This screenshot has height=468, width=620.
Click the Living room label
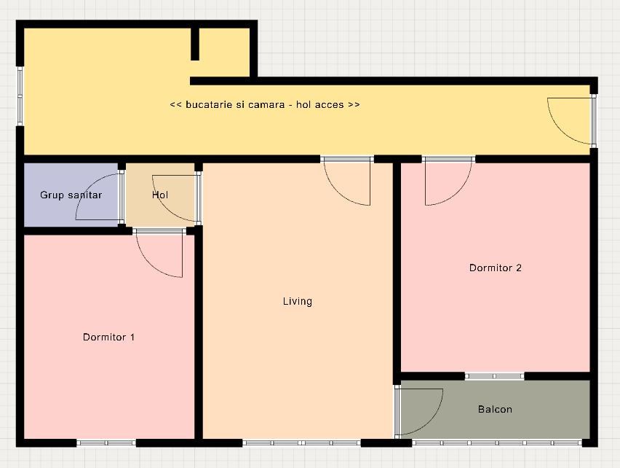(298, 301)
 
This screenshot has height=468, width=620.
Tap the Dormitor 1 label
(108, 337)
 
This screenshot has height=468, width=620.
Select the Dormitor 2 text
(496, 268)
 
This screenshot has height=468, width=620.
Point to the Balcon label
(495, 409)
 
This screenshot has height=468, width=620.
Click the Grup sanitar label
(71, 195)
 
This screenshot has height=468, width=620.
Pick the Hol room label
(160, 195)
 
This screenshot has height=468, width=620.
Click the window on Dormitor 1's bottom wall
(106, 443)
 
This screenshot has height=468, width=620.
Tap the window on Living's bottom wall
(302, 443)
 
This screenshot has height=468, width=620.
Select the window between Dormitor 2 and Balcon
(494, 376)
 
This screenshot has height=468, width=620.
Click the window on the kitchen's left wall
(20, 96)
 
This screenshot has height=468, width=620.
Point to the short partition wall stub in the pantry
(195, 44)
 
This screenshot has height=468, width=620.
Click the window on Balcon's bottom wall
(497, 443)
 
